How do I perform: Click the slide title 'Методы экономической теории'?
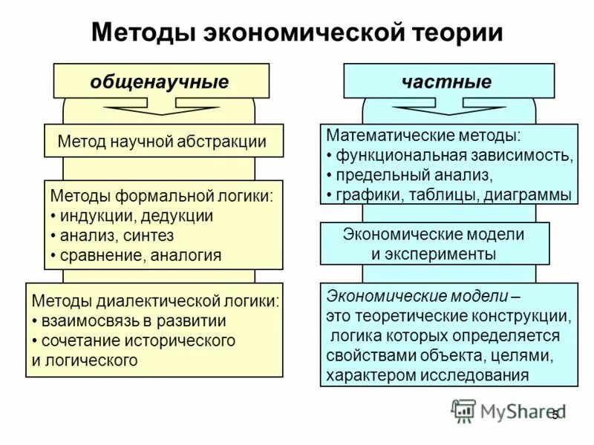pos(297,33)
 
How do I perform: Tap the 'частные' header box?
pos(448,82)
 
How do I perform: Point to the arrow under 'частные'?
pos(448,110)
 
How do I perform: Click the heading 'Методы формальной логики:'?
pos(161,197)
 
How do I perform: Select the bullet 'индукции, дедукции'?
pos(132,216)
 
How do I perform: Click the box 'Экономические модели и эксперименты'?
pos(434,244)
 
